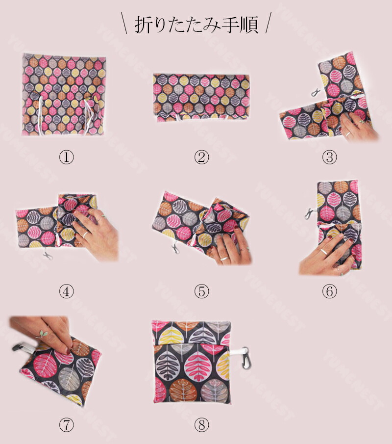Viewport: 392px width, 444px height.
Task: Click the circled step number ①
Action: tap(66, 157)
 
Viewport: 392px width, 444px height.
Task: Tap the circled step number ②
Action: tap(201, 157)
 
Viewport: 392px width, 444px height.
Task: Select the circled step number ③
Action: tap(329, 157)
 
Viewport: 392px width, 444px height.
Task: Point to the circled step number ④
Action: tap(66, 291)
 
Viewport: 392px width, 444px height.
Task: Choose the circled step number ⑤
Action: tap(201, 291)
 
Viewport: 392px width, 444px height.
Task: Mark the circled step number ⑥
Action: tap(329, 291)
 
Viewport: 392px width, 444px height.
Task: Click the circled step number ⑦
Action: tap(66, 425)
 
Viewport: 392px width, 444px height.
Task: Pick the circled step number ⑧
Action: tap(201, 425)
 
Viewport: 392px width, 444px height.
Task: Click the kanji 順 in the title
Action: tap(248, 25)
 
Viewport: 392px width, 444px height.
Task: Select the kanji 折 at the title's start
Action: tap(144, 25)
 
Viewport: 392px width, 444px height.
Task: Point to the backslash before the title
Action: tap(124, 23)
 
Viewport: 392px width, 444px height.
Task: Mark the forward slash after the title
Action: tap(268, 23)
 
